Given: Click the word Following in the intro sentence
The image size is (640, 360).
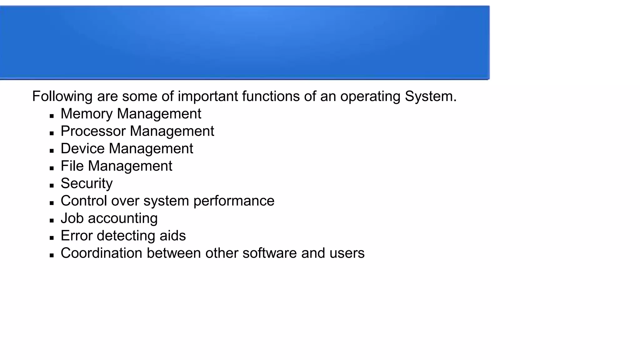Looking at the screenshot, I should tap(62, 96).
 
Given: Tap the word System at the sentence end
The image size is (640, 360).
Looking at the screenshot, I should tap(430, 96).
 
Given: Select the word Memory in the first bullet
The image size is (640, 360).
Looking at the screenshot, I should tap(86, 114).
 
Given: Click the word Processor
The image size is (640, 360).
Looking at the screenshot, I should tap(93, 131).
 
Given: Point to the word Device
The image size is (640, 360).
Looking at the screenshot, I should tap(82, 148).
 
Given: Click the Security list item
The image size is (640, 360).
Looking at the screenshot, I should tap(87, 183).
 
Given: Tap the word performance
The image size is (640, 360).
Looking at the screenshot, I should tap(234, 201).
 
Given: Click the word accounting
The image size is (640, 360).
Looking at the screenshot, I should tap(122, 218).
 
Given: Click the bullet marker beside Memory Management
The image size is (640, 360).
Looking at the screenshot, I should tap(52, 116).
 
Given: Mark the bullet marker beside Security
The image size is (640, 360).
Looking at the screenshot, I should tap(52, 186).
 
